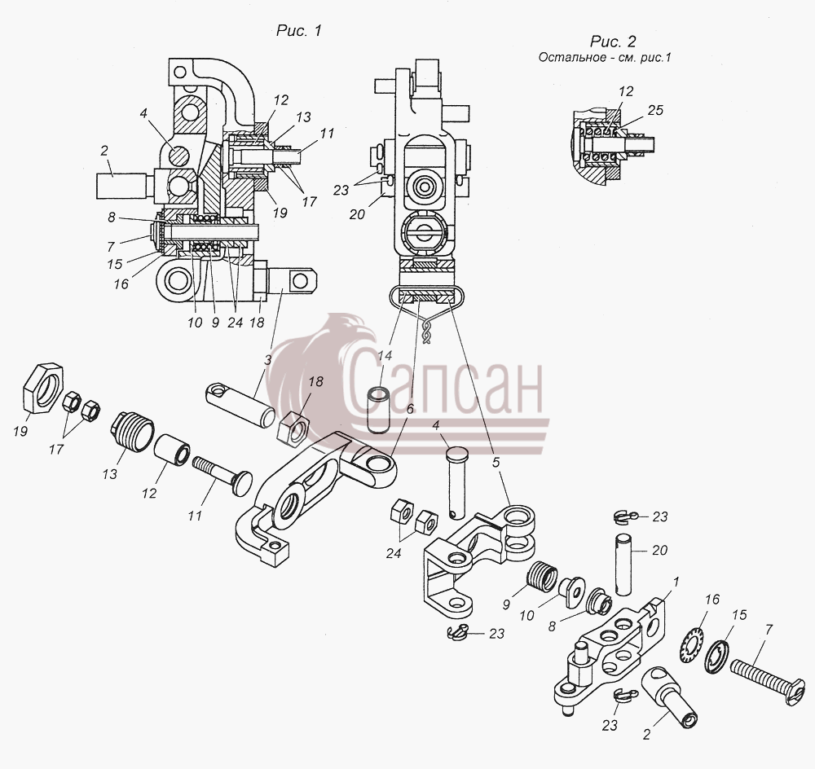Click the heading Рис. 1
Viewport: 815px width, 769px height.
click(x=299, y=31)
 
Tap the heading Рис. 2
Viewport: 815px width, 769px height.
click(x=613, y=41)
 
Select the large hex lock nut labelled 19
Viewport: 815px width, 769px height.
click(x=43, y=388)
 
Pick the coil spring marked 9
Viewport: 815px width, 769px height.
click(x=542, y=576)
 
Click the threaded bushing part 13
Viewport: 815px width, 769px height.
click(x=133, y=431)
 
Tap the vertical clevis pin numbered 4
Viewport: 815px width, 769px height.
click(x=456, y=484)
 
